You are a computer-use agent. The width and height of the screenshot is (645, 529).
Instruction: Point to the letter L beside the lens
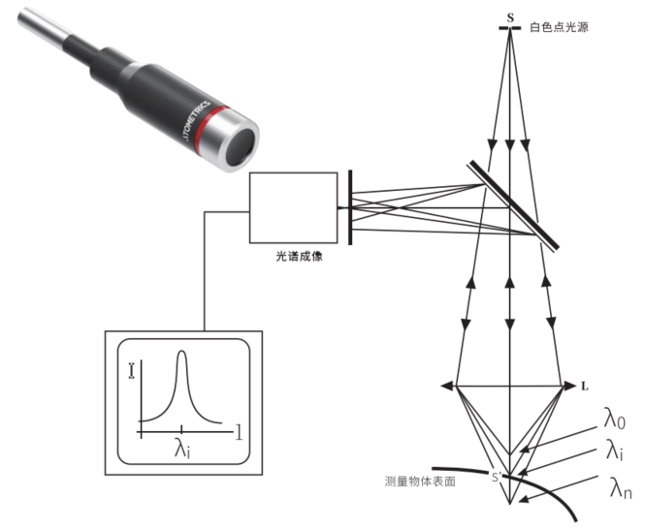(584, 386)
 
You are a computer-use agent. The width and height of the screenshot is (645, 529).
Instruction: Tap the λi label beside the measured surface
(615, 452)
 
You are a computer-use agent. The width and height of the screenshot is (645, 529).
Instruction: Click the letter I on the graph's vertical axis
(131, 368)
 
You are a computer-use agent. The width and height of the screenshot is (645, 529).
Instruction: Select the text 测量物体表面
(420, 479)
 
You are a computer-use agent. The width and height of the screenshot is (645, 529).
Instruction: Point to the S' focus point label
(497, 476)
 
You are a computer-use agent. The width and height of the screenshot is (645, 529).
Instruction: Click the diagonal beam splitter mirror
(512, 204)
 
